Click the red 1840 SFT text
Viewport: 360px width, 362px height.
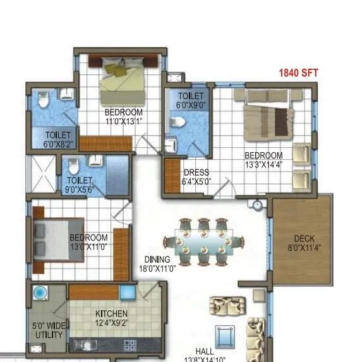(299, 73)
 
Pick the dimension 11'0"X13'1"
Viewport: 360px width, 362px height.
(124, 122)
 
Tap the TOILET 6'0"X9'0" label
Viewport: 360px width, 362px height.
(190, 101)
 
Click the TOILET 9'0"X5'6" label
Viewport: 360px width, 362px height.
(79, 184)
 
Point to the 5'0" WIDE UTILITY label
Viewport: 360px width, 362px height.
(48, 331)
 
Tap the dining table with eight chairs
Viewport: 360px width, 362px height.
(203, 241)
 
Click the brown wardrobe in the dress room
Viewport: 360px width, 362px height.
(171, 176)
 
